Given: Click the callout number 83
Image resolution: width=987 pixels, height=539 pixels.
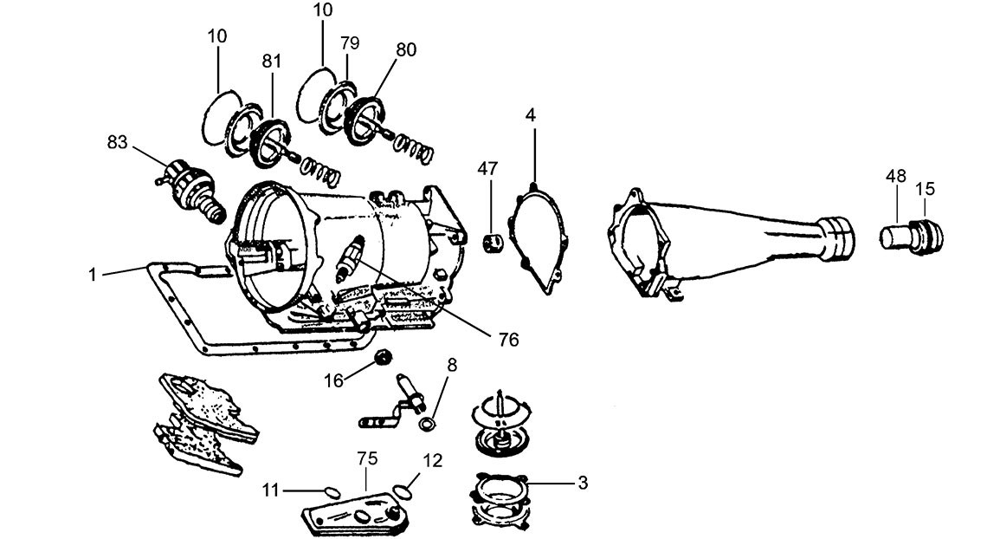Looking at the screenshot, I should pos(119,140).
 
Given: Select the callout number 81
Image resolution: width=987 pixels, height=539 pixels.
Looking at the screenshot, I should pos(272,62).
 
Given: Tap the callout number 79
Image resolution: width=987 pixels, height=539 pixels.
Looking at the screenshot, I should pos(350,43).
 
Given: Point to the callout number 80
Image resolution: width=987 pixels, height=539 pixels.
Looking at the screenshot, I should pos(405,49).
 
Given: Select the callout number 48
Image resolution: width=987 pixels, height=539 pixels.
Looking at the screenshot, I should pos(895,176).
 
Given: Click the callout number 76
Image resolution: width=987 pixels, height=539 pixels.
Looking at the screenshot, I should pos(508,340).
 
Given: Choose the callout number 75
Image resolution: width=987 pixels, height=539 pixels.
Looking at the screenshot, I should pos(365,458).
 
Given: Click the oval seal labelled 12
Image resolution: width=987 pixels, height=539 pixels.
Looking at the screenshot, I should pos(402,491).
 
